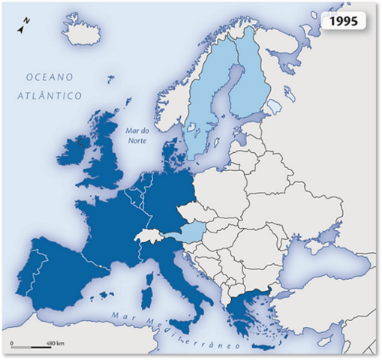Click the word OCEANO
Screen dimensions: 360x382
[49, 77]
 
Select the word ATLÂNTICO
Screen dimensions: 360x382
[50, 95]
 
